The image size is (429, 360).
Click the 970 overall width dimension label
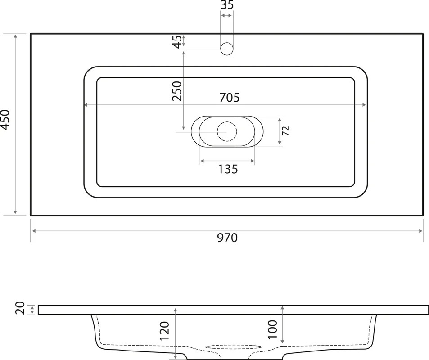(x=227, y=238)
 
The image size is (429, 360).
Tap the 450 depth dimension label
(x=5, y=120)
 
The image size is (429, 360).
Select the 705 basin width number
(x=230, y=98)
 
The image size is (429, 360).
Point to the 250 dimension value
(x=177, y=91)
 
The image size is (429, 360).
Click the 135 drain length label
(x=228, y=169)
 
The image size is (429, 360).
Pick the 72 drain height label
(x=285, y=131)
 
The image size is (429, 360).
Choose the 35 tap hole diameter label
(x=227, y=5)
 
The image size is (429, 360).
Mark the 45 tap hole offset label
(x=177, y=41)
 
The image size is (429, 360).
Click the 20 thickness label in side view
(x=21, y=308)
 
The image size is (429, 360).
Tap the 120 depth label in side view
(x=164, y=331)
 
